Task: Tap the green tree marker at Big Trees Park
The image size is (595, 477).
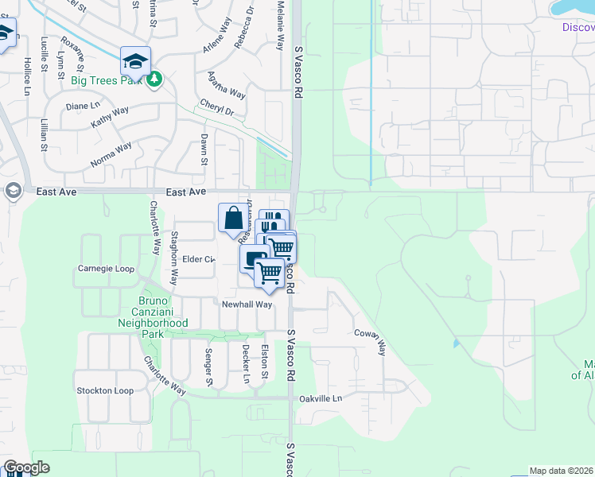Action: pyautogui.click(x=155, y=79)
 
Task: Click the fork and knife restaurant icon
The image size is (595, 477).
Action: pyautogui.click(x=272, y=220)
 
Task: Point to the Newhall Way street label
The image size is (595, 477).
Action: pyautogui.click(x=247, y=304)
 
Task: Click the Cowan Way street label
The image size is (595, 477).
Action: pyautogui.click(x=370, y=341)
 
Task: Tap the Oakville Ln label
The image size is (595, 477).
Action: pyautogui.click(x=321, y=398)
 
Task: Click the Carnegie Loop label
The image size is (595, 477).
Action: pyautogui.click(x=106, y=268)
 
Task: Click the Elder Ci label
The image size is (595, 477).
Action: pyautogui.click(x=199, y=259)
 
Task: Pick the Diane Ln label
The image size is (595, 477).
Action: pyautogui.click(x=83, y=106)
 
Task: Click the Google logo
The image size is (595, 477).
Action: pyautogui.click(x=26, y=467)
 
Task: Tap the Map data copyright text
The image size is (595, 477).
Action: pyautogui.click(x=562, y=471)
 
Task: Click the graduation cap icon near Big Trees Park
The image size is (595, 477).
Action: pyautogui.click(x=135, y=60)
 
